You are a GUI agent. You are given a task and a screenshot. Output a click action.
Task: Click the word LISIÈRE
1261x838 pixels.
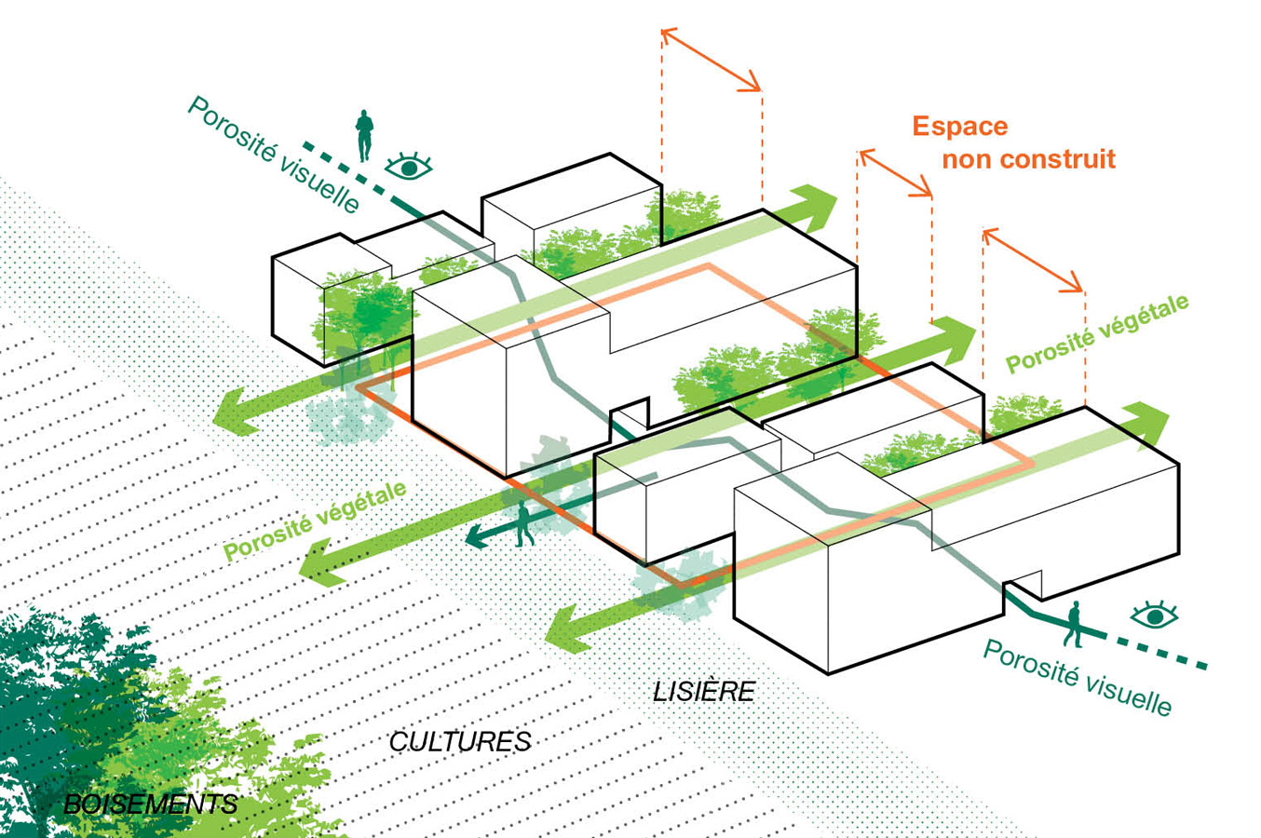(703, 691)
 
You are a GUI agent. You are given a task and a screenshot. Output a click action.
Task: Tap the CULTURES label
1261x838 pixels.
(460, 741)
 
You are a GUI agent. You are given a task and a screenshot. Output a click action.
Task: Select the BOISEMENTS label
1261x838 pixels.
(151, 804)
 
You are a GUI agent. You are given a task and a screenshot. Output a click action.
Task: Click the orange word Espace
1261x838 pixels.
(959, 127)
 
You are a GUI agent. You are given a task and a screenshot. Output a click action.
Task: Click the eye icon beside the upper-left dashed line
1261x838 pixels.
(409, 168)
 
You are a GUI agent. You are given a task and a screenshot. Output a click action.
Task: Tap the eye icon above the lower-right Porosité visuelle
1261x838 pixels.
(1155, 615)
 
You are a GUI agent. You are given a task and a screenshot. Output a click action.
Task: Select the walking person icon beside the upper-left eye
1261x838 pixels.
(363, 136)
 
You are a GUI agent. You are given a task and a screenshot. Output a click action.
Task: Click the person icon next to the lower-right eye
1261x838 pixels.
(1074, 623)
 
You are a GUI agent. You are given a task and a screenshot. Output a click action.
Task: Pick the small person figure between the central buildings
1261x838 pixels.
(524, 525)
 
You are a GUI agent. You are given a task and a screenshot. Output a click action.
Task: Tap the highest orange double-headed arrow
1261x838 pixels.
(712, 61)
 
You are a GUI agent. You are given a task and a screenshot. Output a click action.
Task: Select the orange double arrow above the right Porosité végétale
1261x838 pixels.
(1033, 261)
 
